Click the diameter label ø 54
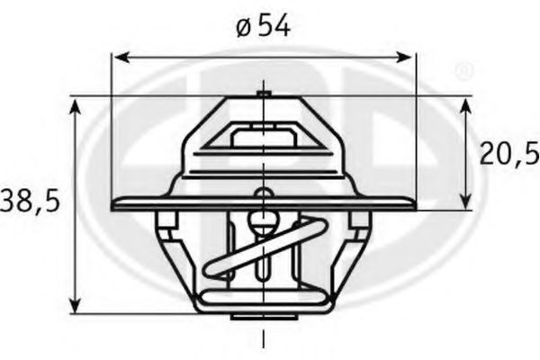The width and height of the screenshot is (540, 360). (264, 26)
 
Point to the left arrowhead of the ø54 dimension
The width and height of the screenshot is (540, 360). (118, 58)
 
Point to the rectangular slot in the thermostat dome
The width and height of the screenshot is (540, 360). (263, 137)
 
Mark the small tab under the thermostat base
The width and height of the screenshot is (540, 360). (263, 317)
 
